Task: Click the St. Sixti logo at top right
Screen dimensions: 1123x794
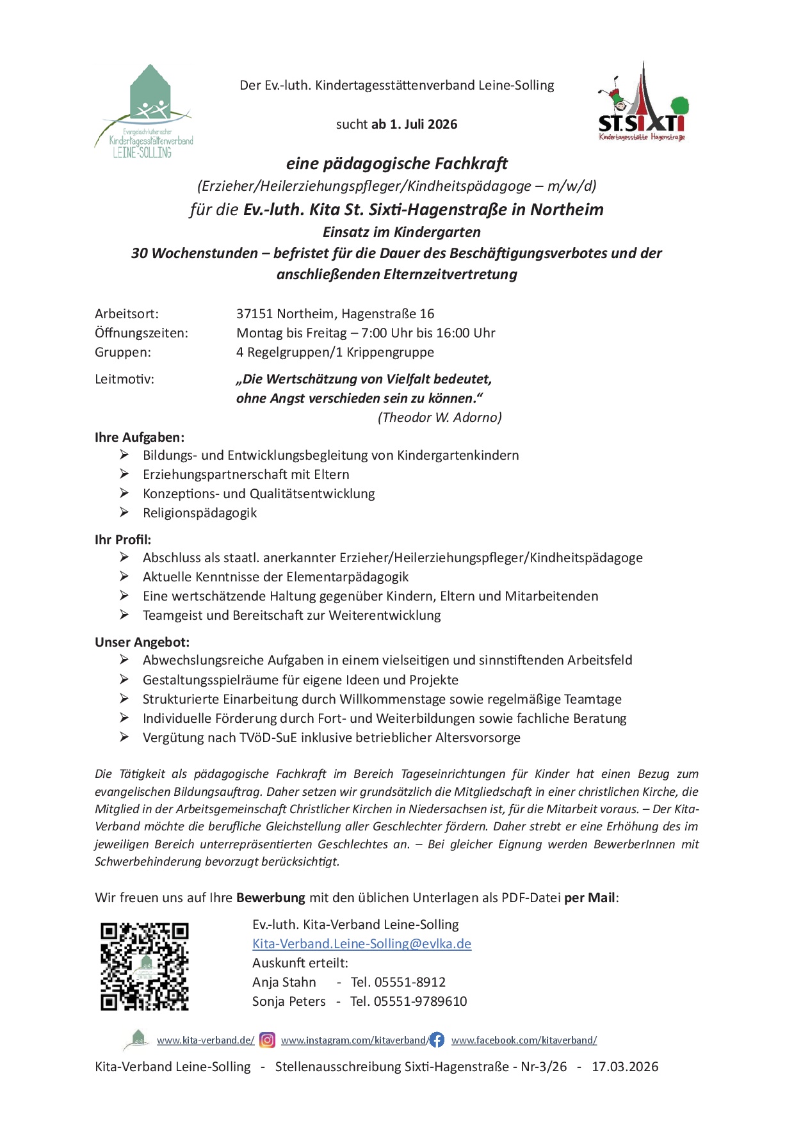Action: click(642, 102)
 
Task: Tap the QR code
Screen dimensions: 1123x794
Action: click(145, 967)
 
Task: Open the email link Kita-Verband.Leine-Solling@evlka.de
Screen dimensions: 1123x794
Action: click(362, 944)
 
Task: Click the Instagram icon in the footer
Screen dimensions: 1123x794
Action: click(268, 1040)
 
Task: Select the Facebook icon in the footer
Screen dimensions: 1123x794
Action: click(437, 1040)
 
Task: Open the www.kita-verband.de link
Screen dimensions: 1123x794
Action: click(206, 1040)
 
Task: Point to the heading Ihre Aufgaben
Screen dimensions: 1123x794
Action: click(140, 437)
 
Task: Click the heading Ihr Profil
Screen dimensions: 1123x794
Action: click(123, 540)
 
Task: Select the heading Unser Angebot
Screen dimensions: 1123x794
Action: click(142, 642)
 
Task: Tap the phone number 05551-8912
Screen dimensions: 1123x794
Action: click(410, 982)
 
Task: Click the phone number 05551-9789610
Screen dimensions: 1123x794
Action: click(420, 1001)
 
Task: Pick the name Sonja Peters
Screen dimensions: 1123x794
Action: click(289, 1001)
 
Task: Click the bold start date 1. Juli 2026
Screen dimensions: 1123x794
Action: click(424, 124)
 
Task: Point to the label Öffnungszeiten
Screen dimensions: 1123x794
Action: click(142, 333)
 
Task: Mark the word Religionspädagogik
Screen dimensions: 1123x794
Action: click(200, 513)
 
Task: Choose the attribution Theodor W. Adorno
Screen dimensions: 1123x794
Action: click(440, 417)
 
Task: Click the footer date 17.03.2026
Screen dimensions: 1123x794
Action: click(625, 1067)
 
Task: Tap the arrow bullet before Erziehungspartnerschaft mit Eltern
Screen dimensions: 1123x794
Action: click(124, 474)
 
